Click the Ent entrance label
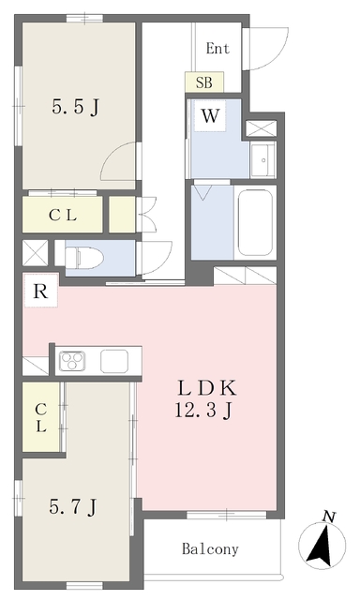[x=217, y=49]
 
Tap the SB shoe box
[x=204, y=82]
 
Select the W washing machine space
[x=210, y=116]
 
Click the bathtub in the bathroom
[x=255, y=222]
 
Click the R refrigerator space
[x=41, y=291]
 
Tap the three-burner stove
[x=72, y=361]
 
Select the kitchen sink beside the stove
[x=114, y=361]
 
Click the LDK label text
[x=207, y=388]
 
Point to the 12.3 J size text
[x=203, y=412]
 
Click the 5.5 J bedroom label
[x=75, y=107]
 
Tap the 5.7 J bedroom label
[x=73, y=507]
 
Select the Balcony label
[x=210, y=549]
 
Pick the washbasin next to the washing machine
[x=263, y=159]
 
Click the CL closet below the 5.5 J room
[x=63, y=215]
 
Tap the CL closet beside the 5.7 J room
[x=41, y=417]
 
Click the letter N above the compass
[x=328, y=517]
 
